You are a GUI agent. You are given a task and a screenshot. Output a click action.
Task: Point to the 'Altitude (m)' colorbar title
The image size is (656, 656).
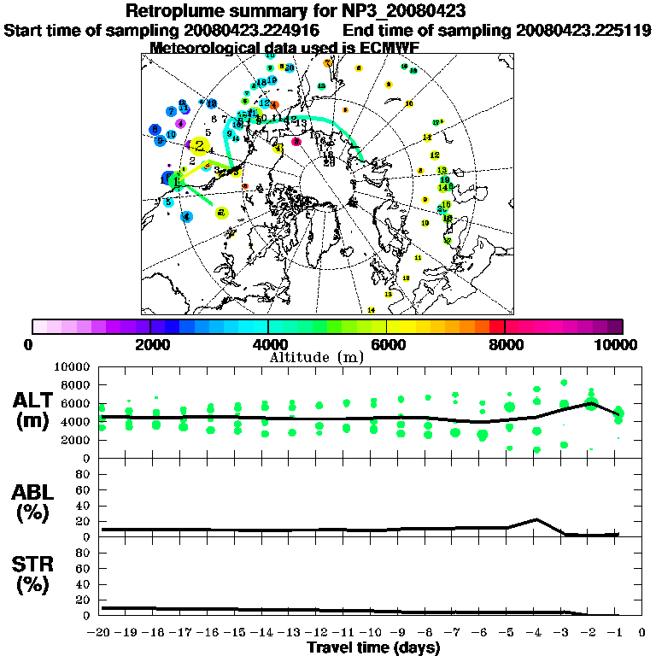[x=328, y=356]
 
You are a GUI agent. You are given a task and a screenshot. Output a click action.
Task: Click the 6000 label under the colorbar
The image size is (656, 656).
[x=386, y=344]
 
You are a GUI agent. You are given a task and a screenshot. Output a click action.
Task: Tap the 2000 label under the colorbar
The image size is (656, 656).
[x=150, y=344]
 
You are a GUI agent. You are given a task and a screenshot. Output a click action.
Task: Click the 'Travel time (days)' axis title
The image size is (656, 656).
[x=373, y=647]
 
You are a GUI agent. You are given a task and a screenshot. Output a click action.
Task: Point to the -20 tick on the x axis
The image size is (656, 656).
[x=101, y=633]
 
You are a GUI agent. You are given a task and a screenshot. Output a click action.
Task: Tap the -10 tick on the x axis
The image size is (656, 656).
[x=372, y=633]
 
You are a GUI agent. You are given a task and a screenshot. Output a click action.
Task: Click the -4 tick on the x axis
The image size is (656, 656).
[x=535, y=633]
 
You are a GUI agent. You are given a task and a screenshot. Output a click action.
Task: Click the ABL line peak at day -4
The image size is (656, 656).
[x=535, y=519]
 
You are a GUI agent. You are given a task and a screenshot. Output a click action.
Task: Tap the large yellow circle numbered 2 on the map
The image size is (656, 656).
[x=200, y=146]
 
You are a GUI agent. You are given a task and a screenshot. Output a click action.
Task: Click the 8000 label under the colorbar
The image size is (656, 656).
[x=505, y=344]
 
